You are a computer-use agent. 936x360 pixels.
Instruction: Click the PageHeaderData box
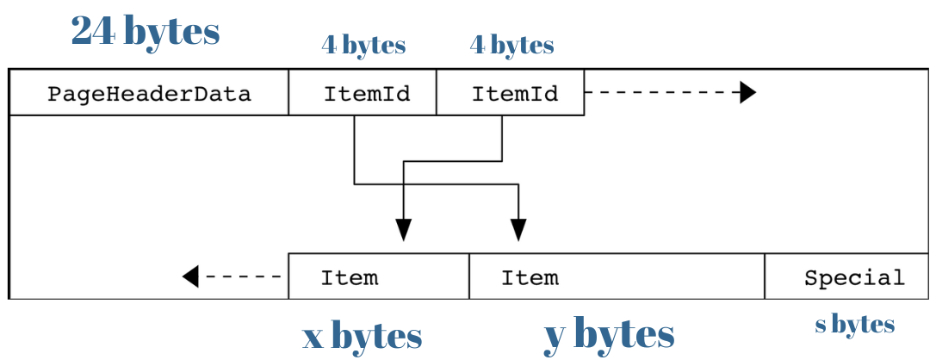click(x=148, y=93)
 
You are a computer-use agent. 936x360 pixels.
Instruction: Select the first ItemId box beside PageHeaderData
click(x=363, y=93)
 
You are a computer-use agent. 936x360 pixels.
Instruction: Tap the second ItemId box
click(x=511, y=93)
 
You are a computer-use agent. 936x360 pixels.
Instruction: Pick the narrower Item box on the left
click(x=378, y=277)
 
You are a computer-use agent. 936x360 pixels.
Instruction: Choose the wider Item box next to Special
click(x=617, y=277)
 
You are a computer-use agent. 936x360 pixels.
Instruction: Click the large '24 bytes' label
click(x=146, y=31)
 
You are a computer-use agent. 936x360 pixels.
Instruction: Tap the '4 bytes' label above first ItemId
click(x=363, y=45)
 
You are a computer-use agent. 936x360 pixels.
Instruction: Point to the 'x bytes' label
click(x=362, y=336)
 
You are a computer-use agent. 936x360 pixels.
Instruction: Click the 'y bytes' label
click(x=609, y=334)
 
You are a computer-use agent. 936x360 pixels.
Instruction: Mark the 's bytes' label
click(x=854, y=325)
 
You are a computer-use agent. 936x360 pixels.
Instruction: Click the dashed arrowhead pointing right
click(x=747, y=92)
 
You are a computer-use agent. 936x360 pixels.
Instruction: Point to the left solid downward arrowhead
click(x=403, y=230)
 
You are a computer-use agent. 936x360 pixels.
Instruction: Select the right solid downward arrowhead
click(x=518, y=230)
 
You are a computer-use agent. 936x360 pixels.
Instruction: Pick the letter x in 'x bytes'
click(x=312, y=337)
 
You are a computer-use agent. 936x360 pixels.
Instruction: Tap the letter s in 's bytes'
click(x=820, y=326)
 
